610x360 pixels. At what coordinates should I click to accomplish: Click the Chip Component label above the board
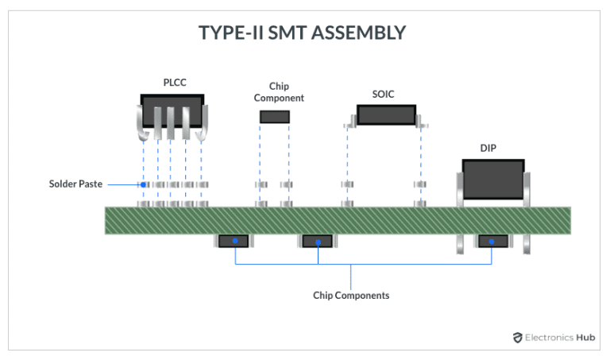275,92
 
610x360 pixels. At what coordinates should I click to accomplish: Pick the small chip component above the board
275,117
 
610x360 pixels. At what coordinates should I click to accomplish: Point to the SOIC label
384,94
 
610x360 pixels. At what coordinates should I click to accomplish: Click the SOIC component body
386,114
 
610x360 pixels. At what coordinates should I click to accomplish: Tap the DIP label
488,148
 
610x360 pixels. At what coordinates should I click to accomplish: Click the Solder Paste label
75,184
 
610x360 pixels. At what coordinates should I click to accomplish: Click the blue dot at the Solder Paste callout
143,184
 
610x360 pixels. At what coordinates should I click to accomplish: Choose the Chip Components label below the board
350,295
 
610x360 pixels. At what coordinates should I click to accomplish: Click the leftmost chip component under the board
234,241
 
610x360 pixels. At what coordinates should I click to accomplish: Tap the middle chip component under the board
318,241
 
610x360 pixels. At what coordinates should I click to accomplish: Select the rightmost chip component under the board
492,241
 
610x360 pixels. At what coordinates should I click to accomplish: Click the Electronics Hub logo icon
518,337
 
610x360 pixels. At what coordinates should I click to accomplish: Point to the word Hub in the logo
586,337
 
